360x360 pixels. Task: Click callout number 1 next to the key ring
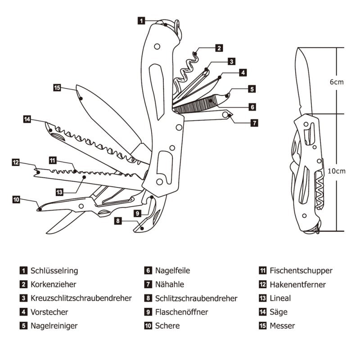pyautogui.click(x=141, y=20)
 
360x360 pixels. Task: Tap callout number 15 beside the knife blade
pyautogui.click(x=57, y=88)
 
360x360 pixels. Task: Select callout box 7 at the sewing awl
pyautogui.click(x=254, y=122)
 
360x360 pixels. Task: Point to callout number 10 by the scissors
pyautogui.click(x=16, y=199)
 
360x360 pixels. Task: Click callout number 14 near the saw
pyautogui.click(x=27, y=119)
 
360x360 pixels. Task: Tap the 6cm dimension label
pyautogui.click(x=337, y=82)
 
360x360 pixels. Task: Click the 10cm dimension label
pyautogui.click(x=337, y=171)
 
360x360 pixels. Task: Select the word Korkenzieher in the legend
pyautogui.click(x=54, y=284)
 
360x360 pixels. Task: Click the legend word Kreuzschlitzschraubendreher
pyautogui.click(x=81, y=298)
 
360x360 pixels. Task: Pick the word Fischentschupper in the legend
pyautogui.click(x=301, y=270)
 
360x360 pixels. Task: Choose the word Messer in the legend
pyautogui.click(x=282, y=325)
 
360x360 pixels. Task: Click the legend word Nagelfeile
pyautogui.click(x=173, y=270)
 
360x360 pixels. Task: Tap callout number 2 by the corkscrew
pyautogui.click(x=219, y=48)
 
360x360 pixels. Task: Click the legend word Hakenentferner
pyautogui.click(x=297, y=284)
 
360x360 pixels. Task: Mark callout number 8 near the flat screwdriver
pyautogui.click(x=118, y=221)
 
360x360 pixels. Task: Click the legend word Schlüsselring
pyautogui.click(x=54, y=270)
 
